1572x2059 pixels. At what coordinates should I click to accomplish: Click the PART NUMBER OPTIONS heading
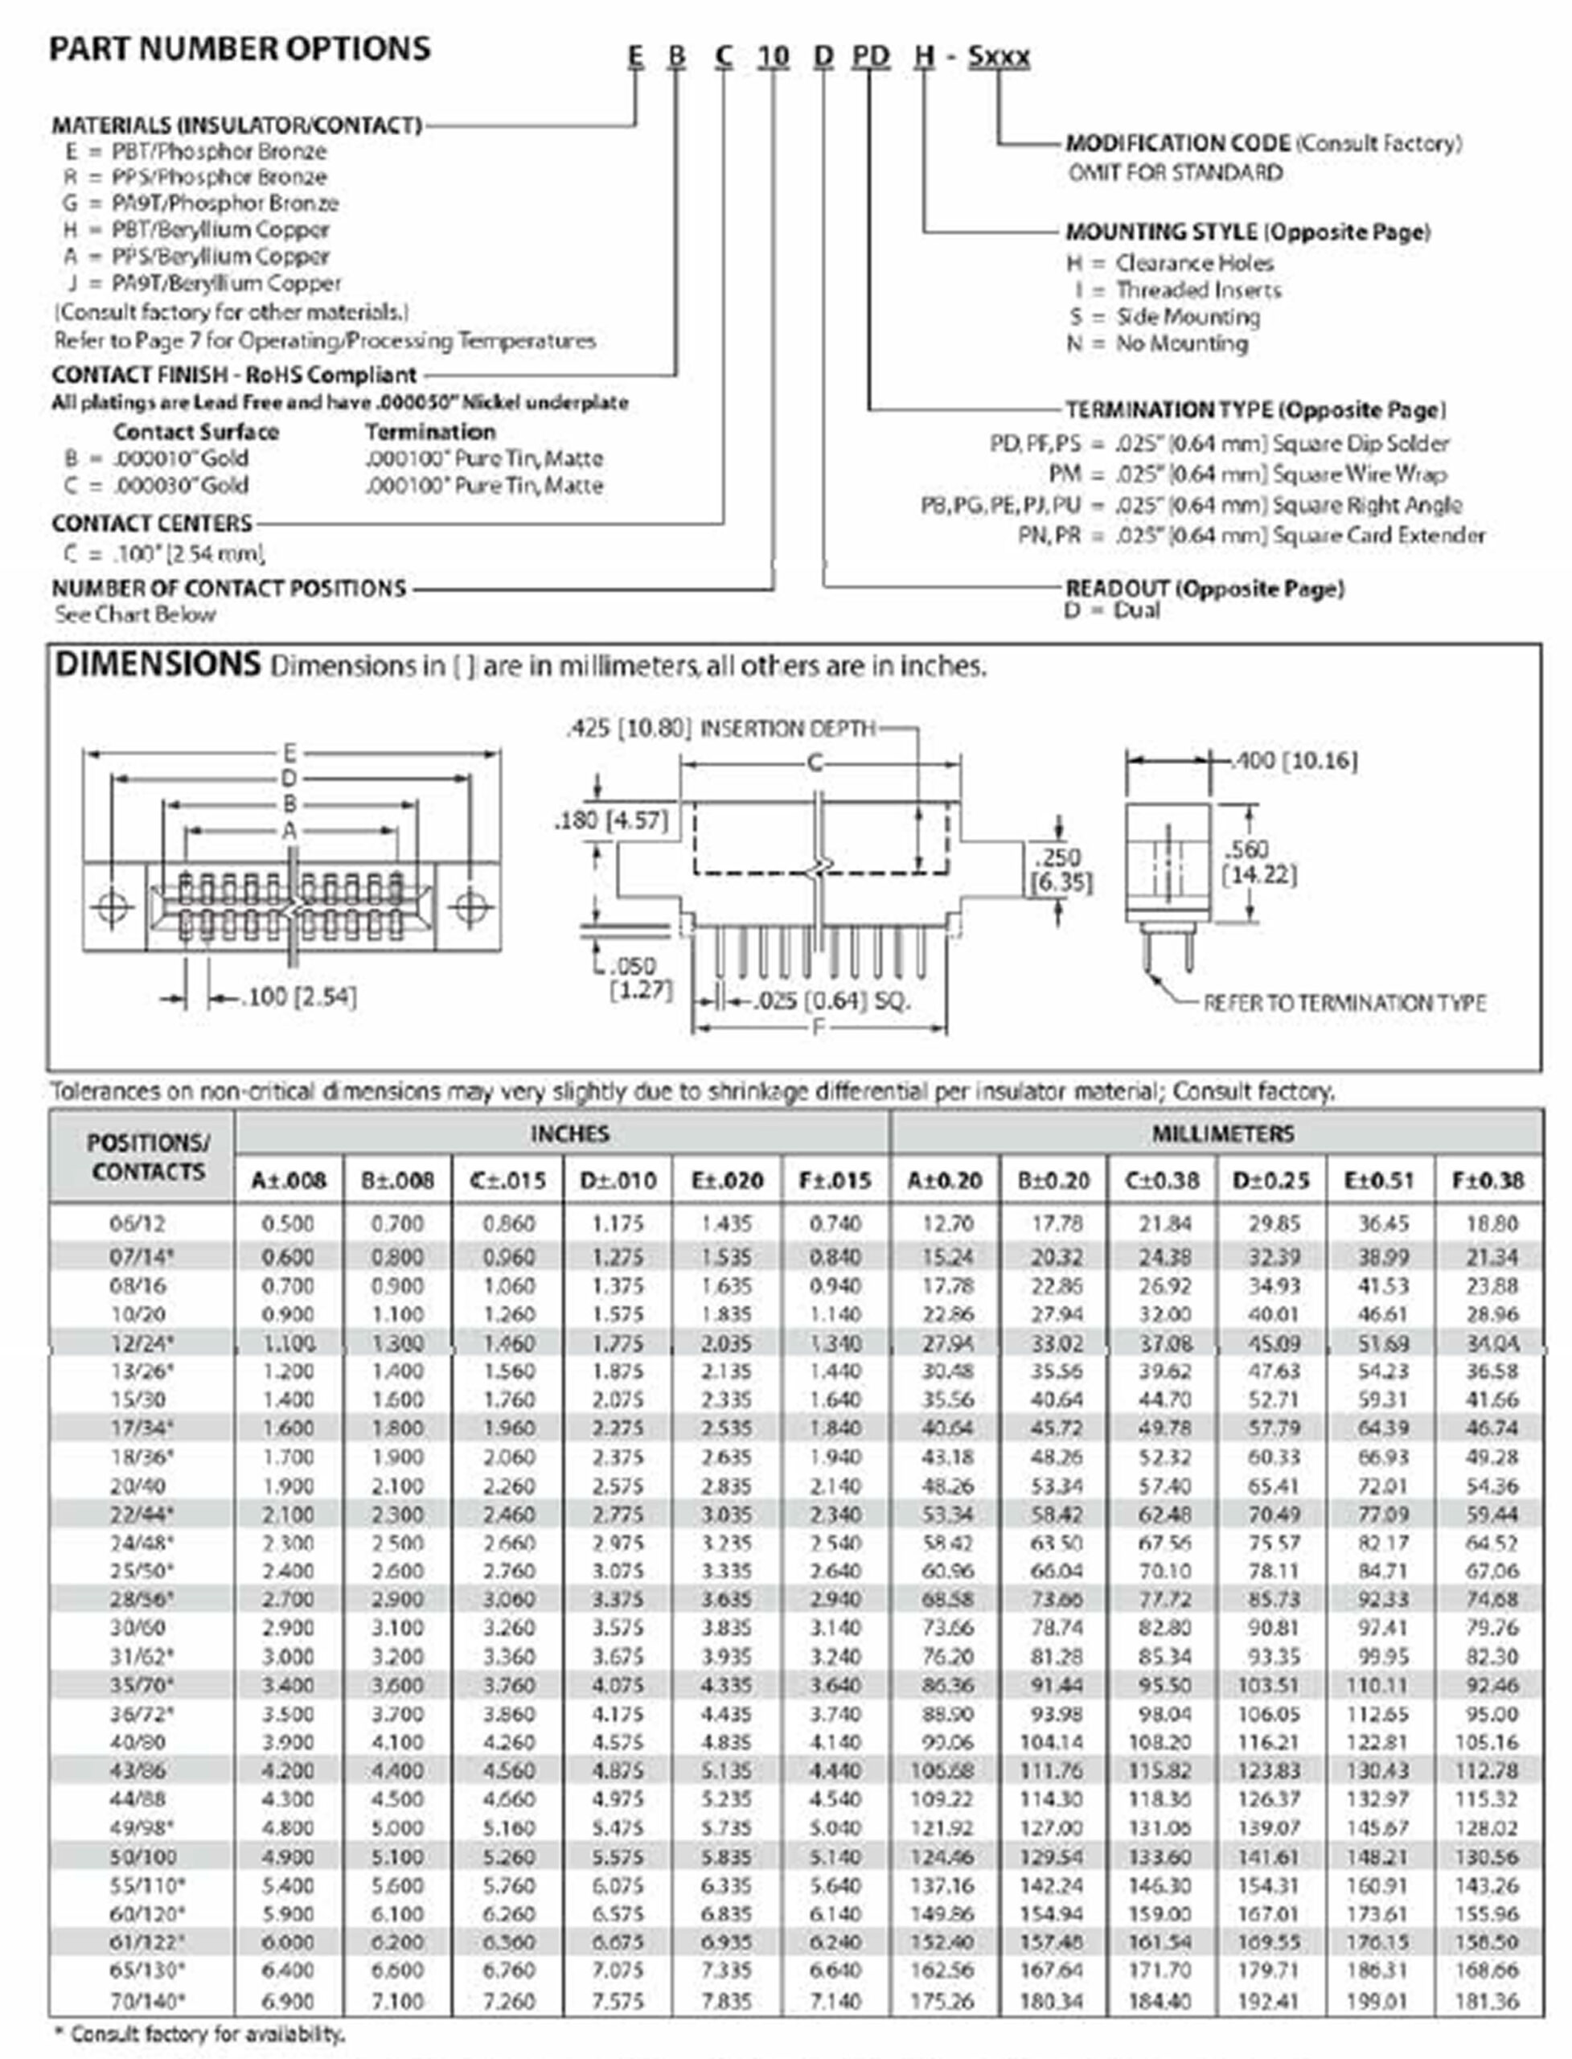[x=240, y=49]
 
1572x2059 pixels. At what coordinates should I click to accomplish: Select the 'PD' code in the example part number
[x=869, y=56]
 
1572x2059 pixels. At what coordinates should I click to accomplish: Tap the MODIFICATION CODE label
[x=1178, y=143]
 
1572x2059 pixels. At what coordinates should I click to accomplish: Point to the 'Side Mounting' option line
[x=1187, y=317]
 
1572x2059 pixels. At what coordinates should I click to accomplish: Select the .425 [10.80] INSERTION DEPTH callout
[x=720, y=728]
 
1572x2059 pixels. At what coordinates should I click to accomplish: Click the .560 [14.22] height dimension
[x=1258, y=862]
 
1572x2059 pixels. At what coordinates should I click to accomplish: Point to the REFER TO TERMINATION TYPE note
[x=1344, y=1003]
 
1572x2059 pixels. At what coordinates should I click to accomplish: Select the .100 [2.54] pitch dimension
[x=298, y=997]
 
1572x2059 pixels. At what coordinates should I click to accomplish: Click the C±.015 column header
[x=507, y=1180]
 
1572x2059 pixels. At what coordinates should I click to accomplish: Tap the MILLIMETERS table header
[x=1222, y=1133]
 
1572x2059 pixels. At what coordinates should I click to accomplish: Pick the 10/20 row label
[x=137, y=1314]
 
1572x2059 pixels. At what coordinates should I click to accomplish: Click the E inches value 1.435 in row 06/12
[x=726, y=1224]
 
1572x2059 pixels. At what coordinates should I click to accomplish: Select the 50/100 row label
[x=142, y=1856]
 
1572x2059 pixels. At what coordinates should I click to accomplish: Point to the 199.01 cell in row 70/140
[x=1378, y=2001]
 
